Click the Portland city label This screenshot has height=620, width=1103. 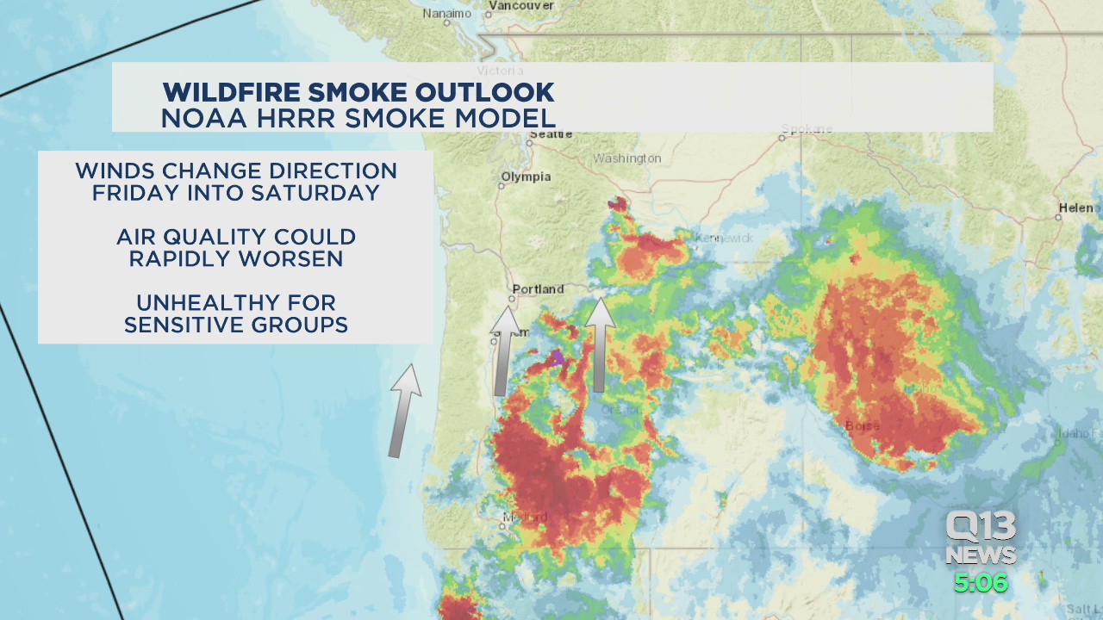click(x=538, y=289)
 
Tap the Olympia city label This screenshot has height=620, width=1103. click(x=526, y=177)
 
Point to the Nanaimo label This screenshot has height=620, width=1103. click(x=446, y=14)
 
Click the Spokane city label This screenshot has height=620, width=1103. click(x=807, y=129)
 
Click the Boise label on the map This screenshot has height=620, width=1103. click(x=862, y=425)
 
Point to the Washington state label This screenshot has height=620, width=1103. click(x=626, y=158)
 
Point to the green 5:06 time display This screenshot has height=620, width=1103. click(x=981, y=583)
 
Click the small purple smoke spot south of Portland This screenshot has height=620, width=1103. click(x=558, y=355)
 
